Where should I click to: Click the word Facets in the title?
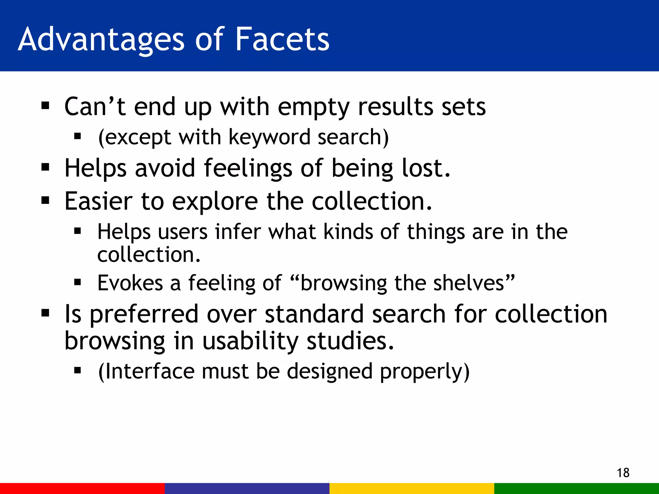(x=282, y=39)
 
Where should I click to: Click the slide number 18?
(x=623, y=473)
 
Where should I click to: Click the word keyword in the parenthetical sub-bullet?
(x=270, y=137)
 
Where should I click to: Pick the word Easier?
(x=98, y=201)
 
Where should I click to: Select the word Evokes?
(x=130, y=283)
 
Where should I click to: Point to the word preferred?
(x=144, y=315)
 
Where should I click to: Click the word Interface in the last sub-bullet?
(x=150, y=371)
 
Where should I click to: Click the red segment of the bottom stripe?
(x=82, y=488)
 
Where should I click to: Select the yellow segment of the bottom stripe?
(x=412, y=488)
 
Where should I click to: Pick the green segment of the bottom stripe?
(x=577, y=488)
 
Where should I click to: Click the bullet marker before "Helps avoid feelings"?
(x=45, y=167)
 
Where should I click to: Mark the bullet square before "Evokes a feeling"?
(x=77, y=282)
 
